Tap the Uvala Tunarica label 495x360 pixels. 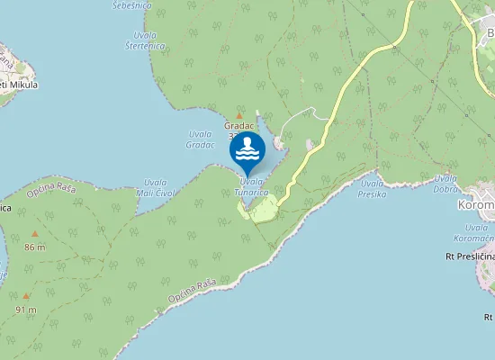tap(251, 186)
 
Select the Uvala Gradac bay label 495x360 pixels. tap(200, 139)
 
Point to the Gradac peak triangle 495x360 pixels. tap(240, 117)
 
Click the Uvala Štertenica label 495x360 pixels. tap(145, 40)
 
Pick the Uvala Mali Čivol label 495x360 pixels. tap(155, 187)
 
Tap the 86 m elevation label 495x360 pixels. tap(35, 247)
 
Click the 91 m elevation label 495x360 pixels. tap(26, 310)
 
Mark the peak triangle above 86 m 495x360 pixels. tap(35, 235)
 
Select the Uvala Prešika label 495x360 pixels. tap(372, 188)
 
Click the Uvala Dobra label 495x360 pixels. tap(445, 184)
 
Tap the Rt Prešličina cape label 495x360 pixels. tap(470, 256)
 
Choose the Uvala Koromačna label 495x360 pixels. tap(472, 233)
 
